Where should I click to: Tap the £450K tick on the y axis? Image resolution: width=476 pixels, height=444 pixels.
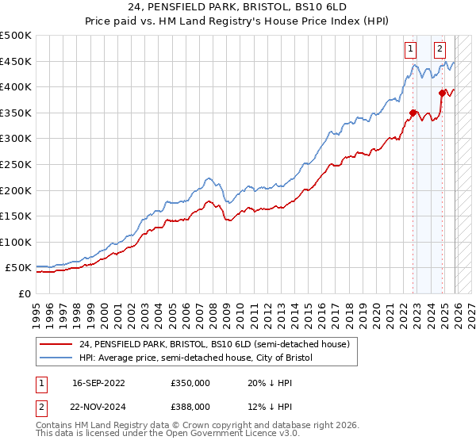pyautogui.click(x=16, y=61)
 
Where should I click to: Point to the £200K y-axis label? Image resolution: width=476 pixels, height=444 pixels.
pyautogui.click(x=16, y=190)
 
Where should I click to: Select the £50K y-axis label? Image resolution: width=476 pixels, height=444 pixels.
pyautogui.click(x=19, y=268)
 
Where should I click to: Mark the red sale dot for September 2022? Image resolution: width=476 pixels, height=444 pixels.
pyautogui.click(x=413, y=113)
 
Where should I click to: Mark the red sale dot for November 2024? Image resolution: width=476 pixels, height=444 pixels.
pyautogui.click(x=443, y=93)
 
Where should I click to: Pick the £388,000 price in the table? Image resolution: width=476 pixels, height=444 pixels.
pyautogui.click(x=190, y=406)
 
